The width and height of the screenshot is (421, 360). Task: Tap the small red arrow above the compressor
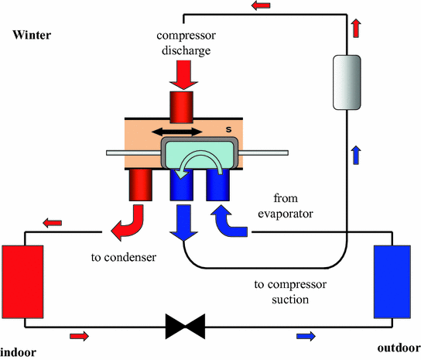click(355, 29)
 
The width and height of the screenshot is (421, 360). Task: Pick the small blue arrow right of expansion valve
click(306, 337)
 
